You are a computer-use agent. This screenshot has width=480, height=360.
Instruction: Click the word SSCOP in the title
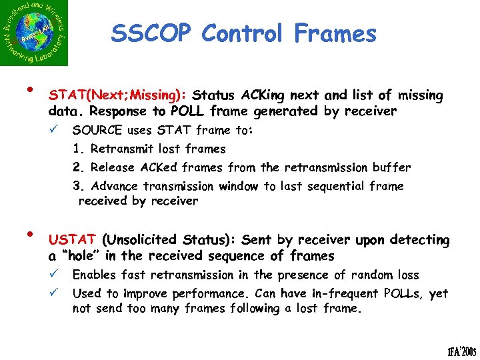(x=151, y=33)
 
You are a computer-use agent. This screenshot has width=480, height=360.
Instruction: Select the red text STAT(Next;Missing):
(x=117, y=95)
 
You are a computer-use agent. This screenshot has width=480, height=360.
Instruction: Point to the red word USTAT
(x=73, y=239)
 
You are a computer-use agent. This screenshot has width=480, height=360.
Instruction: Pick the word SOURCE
(x=98, y=130)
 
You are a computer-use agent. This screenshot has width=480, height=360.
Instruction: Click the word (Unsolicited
(x=139, y=239)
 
